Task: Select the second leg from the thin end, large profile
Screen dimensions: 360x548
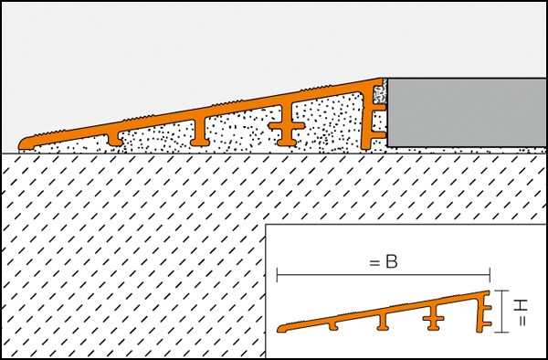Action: point(200,132)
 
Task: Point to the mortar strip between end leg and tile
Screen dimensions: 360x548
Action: point(385,113)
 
